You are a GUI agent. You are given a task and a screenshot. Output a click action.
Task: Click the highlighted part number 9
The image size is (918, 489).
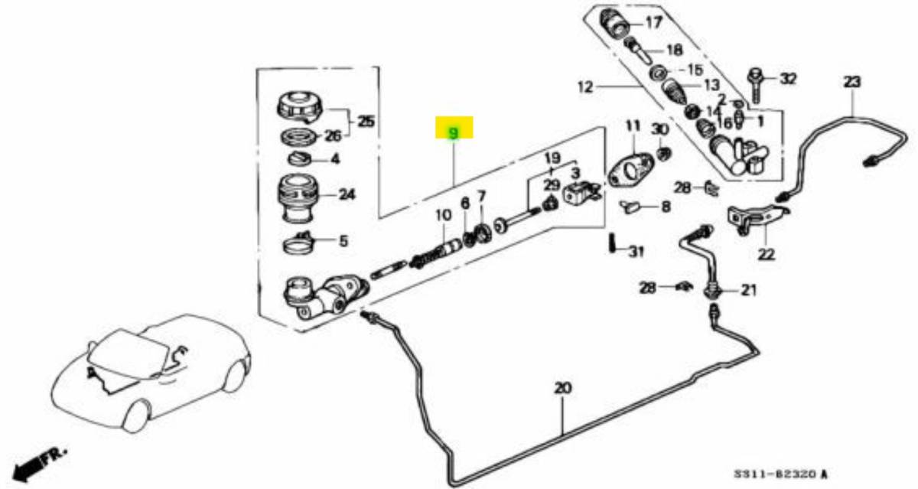coord(454,133)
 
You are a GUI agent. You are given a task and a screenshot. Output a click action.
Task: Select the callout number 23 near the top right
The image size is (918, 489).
coord(852,81)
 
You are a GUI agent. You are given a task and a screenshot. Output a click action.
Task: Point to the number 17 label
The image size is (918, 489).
coord(653,22)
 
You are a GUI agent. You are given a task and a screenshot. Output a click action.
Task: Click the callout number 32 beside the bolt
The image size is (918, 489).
coord(788,78)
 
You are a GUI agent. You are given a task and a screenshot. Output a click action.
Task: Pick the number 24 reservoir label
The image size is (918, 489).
coord(347,195)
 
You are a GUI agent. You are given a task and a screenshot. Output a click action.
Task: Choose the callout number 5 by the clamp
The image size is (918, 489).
coord(343,242)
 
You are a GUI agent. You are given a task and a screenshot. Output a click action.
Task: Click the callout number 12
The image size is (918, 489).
coord(585,87)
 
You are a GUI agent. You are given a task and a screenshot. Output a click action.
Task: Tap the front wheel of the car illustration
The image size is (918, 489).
coord(137,415)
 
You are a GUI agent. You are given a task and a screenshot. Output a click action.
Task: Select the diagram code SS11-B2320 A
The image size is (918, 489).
coord(781,475)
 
